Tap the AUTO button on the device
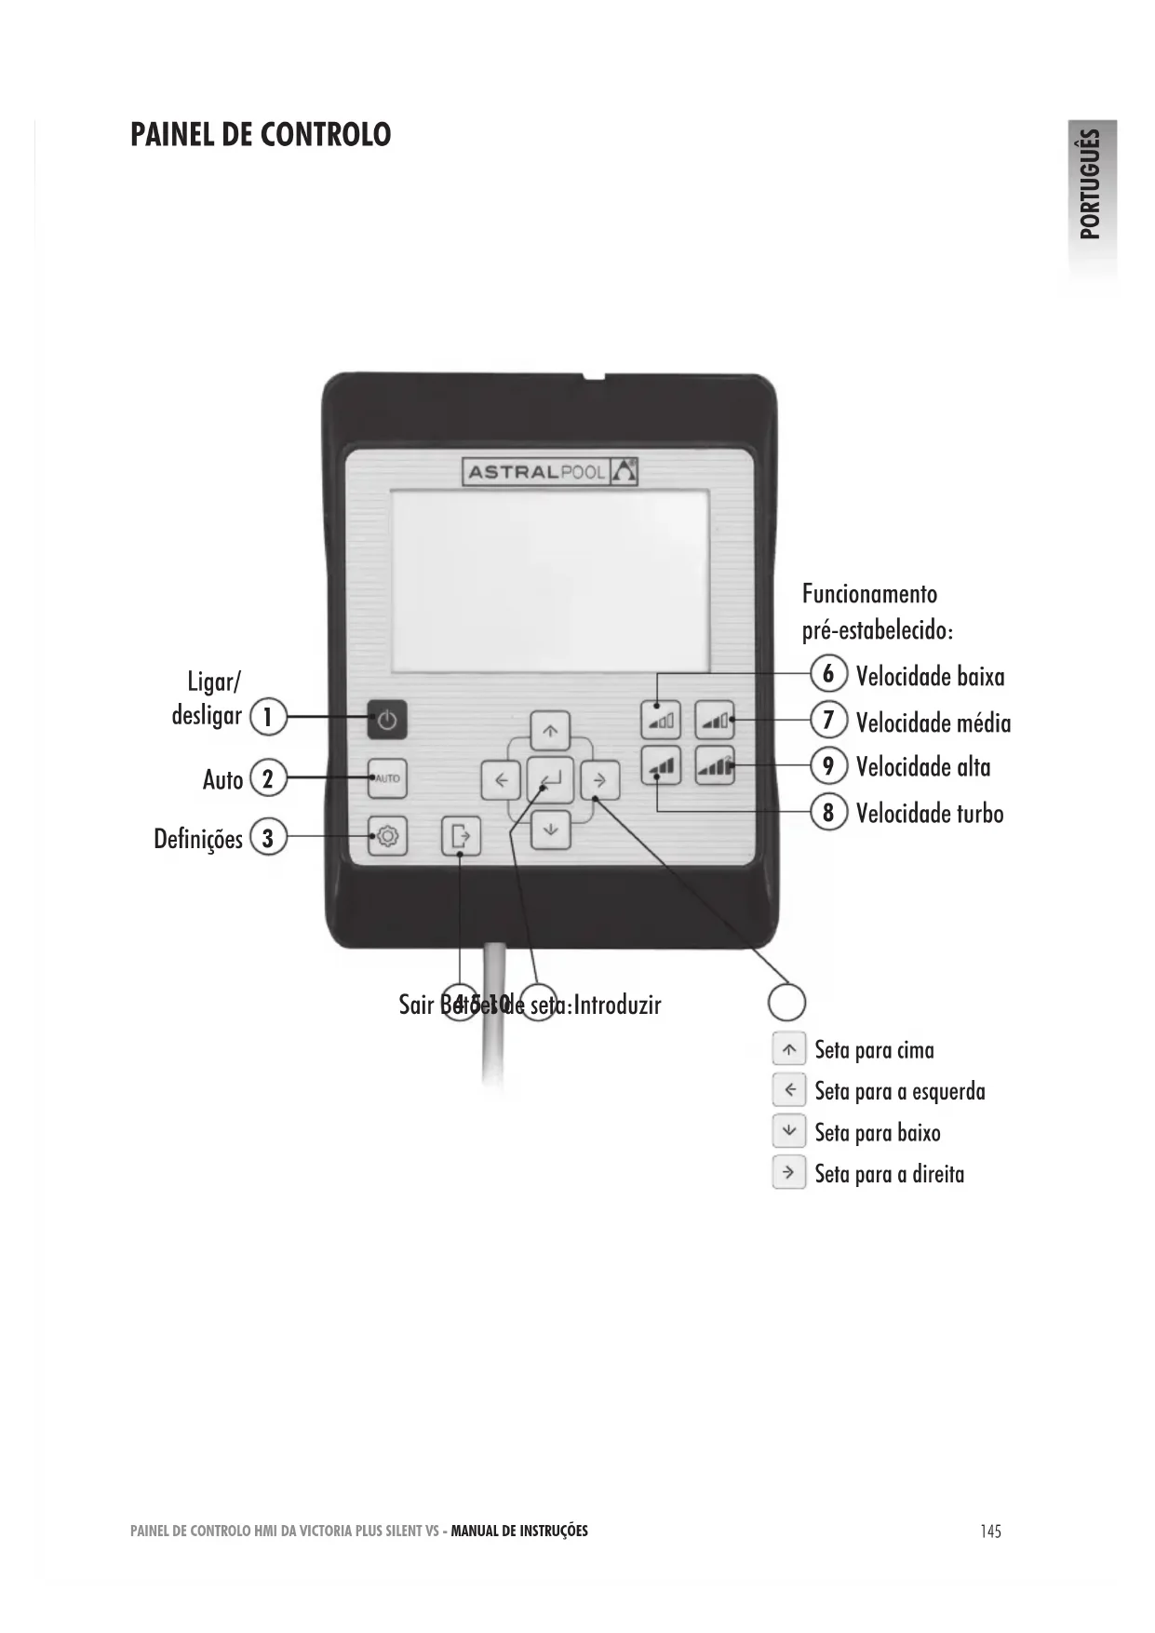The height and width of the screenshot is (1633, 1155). click(387, 778)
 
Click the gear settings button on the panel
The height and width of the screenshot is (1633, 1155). click(387, 836)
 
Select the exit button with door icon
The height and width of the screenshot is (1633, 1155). click(461, 836)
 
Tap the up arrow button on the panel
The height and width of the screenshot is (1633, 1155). click(550, 732)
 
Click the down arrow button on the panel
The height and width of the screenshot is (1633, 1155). click(550, 828)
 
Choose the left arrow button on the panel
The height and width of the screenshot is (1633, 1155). click(501, 780)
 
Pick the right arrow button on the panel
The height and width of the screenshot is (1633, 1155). click(600, 780)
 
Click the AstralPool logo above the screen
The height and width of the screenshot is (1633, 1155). click(550, 472)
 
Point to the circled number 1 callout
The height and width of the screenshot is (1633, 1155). click(268, 717)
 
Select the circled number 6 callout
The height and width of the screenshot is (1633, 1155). click(828, 673)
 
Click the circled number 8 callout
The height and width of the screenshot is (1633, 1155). click(828, 812)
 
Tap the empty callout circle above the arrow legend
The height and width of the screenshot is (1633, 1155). click(786, 1003)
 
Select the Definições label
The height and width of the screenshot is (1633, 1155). click(198, 839)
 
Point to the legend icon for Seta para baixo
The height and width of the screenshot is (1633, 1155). click(789, 1131)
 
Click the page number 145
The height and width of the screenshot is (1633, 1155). click(990, 1531)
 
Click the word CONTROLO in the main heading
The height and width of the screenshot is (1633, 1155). click(325, 135)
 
